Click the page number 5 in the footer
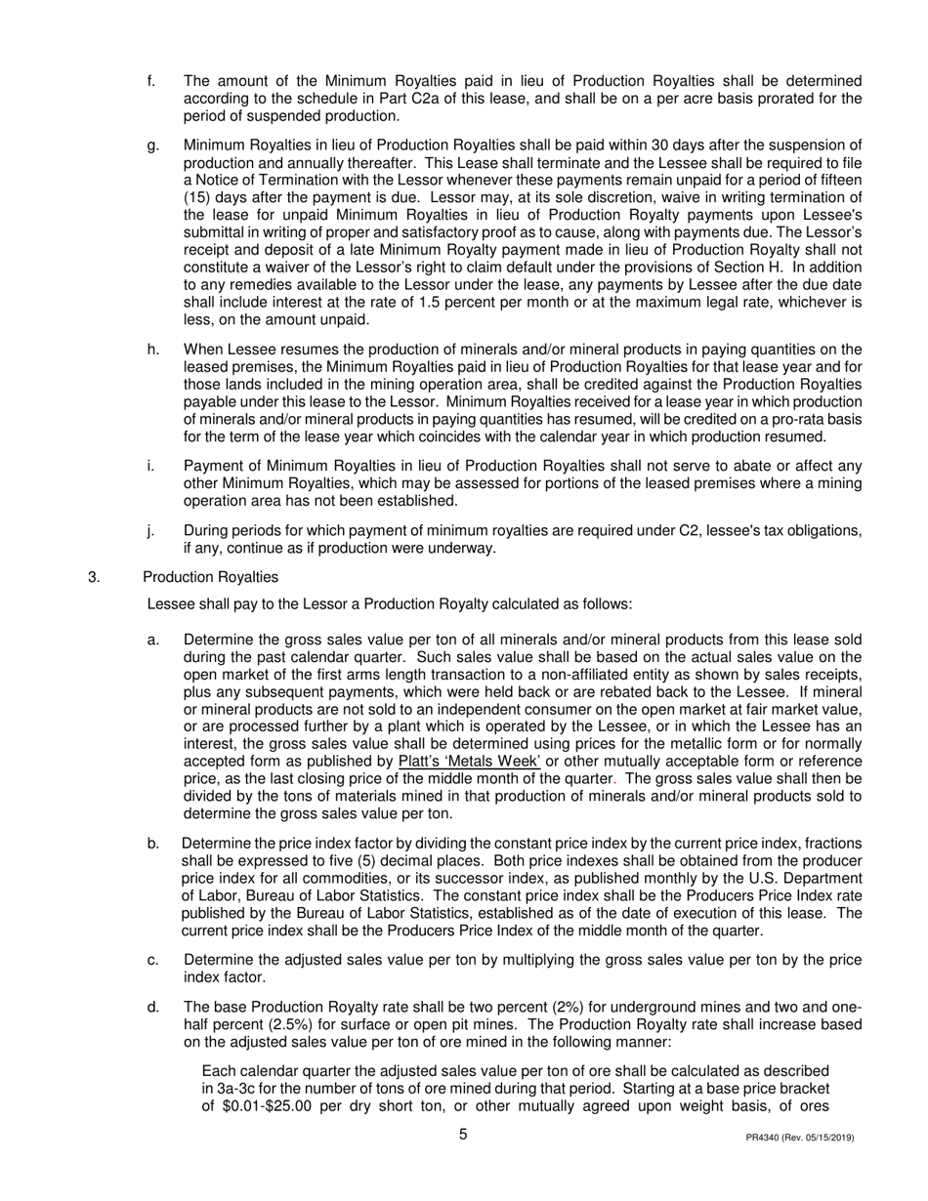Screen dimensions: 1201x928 [463, 1135]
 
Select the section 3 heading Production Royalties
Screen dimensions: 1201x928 [210, 577]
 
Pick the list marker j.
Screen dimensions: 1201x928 [151, 530]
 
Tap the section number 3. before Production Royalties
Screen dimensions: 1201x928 [94, 577]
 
